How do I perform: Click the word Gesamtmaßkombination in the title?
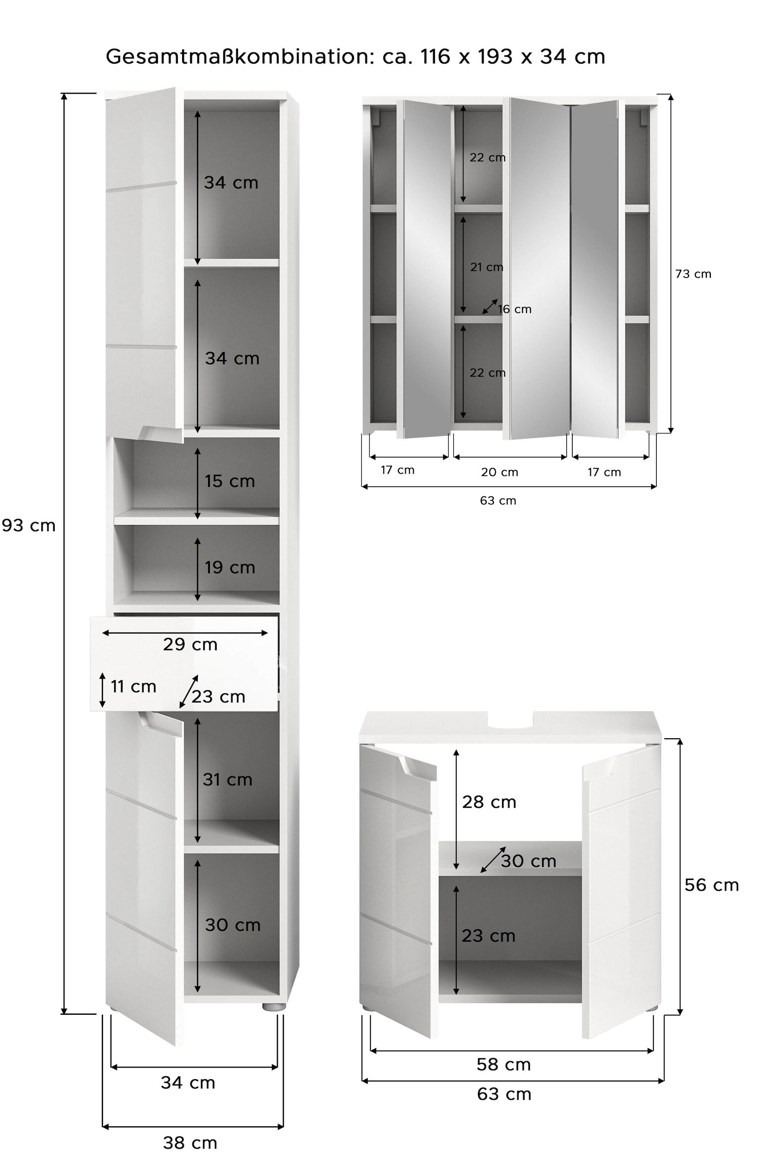(x=238, y=57)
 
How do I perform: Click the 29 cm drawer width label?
(x=190, y=644)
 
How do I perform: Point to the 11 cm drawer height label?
(x=133, y=687)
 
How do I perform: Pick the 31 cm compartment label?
(x=227, y=780)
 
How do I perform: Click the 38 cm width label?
(x=190, y=1143)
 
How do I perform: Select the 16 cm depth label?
(x=515, y=309)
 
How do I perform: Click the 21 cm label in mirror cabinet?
(x=487, y=267)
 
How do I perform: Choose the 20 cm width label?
(x=500, y=472)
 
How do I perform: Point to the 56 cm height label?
(x=712, y=885)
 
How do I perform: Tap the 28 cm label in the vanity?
(x=489, y=802)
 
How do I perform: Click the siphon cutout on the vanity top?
(x=511, y=723)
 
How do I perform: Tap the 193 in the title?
(x=495, y=57)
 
